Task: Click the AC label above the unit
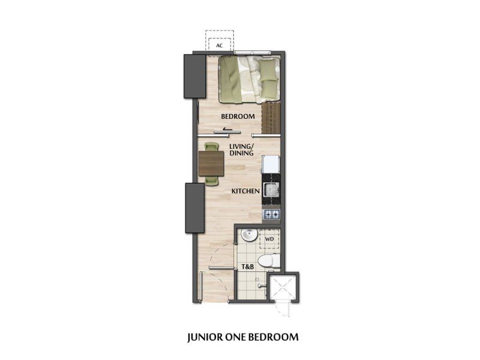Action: pos(219,46)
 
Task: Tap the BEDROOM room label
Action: pos(238,116)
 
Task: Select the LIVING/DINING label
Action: pos(242,149)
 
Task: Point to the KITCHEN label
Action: pos(245,191)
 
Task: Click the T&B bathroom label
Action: pos(248,266)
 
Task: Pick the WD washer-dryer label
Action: pos(269,239)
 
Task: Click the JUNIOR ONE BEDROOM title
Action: pos(243,337)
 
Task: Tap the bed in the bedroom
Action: pos(249,80)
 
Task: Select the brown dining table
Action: pos(211,164)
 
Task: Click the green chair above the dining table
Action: pos(211,146)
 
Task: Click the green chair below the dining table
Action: pos(212,181)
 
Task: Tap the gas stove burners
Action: pos(272,214)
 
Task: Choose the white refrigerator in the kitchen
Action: pos(271,164)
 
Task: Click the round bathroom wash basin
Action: pos(249,235)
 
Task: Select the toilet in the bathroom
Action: pos(269,261)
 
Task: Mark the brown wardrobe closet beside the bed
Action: pos(271,118)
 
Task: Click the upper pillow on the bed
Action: pos(268,69)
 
